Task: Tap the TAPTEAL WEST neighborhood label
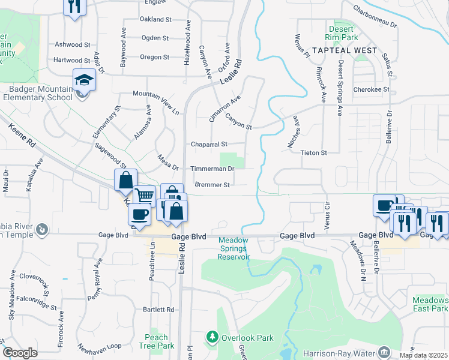(344, 50)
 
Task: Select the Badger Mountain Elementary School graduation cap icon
(84, 80)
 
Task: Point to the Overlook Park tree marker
(211, 338)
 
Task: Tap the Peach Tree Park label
(156, 341)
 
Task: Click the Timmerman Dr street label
(212, 169)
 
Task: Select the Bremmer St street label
(212, 185)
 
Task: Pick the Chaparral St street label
(209, 144)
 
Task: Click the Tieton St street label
(313, 153)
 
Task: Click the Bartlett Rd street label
(158, 310)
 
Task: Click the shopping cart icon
(144, 196)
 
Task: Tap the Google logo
(20, 353)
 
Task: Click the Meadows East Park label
(430, 304)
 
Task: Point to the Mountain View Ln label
(156, 103)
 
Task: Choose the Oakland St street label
(156, 19)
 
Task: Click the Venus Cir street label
(327, 216)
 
